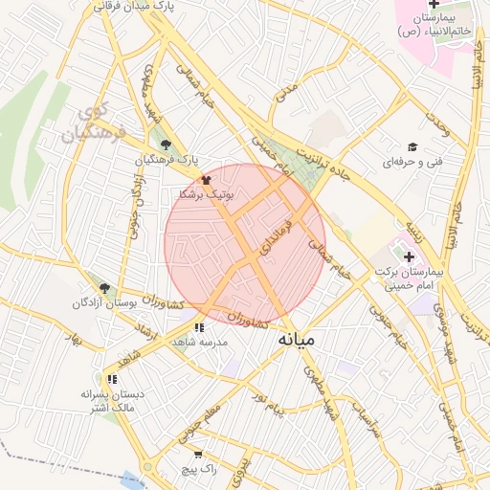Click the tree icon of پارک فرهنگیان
point(167,144)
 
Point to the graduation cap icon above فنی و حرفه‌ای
point(412,147)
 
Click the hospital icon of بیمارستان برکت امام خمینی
point(410,256)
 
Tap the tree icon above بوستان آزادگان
point(104,287)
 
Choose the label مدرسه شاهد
point(197,342)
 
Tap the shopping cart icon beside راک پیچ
point(198,455)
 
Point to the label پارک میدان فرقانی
point(136,7)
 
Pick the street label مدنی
point(286,92)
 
